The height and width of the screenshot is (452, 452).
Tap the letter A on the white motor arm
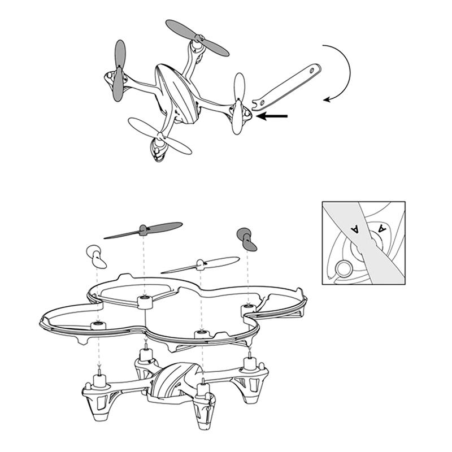(383, 228)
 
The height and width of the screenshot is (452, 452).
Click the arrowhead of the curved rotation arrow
(328, 100)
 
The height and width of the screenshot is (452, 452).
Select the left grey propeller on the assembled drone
(119, 70)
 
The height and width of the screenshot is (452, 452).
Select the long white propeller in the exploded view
(200, 264)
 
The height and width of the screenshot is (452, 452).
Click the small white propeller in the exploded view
(96, 257)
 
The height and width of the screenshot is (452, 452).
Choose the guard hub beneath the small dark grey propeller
(247, 310)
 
